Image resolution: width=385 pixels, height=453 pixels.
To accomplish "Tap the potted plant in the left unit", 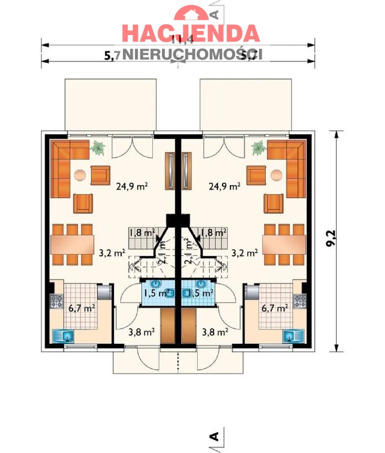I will pos(98,147).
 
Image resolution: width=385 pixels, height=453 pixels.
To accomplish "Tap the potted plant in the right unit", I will pos(258,147).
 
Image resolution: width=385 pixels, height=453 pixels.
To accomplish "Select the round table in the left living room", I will pos(80,175).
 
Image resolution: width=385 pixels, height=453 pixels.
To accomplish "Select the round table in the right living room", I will pos(276,175).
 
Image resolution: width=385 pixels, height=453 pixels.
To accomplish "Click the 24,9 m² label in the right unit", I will pos(224,187).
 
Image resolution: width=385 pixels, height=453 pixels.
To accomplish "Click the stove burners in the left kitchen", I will pos(56,301).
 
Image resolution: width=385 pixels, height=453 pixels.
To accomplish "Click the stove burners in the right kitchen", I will pos(300,301).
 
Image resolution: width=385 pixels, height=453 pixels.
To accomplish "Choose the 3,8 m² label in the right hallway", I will pos(215,332).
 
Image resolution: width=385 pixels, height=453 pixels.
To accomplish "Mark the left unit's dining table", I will pos(73,244).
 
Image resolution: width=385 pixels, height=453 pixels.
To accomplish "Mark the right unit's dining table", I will pos(284,244).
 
